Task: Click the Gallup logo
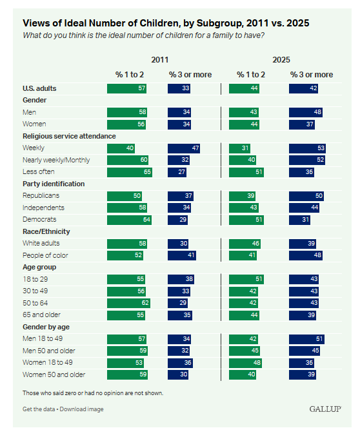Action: click(x=325, y=409)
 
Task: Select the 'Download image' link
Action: click(x=81, y=409)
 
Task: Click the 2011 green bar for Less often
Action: click(x=130, y=172)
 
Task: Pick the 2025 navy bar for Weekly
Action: click(x=307, y=148)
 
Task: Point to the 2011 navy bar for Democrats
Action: click(x=177, y=220)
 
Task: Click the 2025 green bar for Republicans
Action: click(x=242, y=196)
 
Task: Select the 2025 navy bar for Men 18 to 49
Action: click(x=306, y=339)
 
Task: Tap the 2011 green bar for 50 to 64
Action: click(x=128, y=303)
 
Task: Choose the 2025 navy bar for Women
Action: click(x=302, y=124)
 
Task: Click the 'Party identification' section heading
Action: click(x=54, y=184)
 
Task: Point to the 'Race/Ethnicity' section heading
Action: click(x=46, y=231)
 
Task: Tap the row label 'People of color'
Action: click(x=45, y=255)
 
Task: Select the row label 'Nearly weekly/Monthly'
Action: click(x=56, y=160)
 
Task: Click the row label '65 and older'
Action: click(x=41, y=315)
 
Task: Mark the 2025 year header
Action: click(x=281, y=60)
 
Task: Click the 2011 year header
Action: click(x=159, y=60)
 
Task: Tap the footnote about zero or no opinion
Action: click(x=93, y=393)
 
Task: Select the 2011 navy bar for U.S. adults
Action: click(x=179, y=89)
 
